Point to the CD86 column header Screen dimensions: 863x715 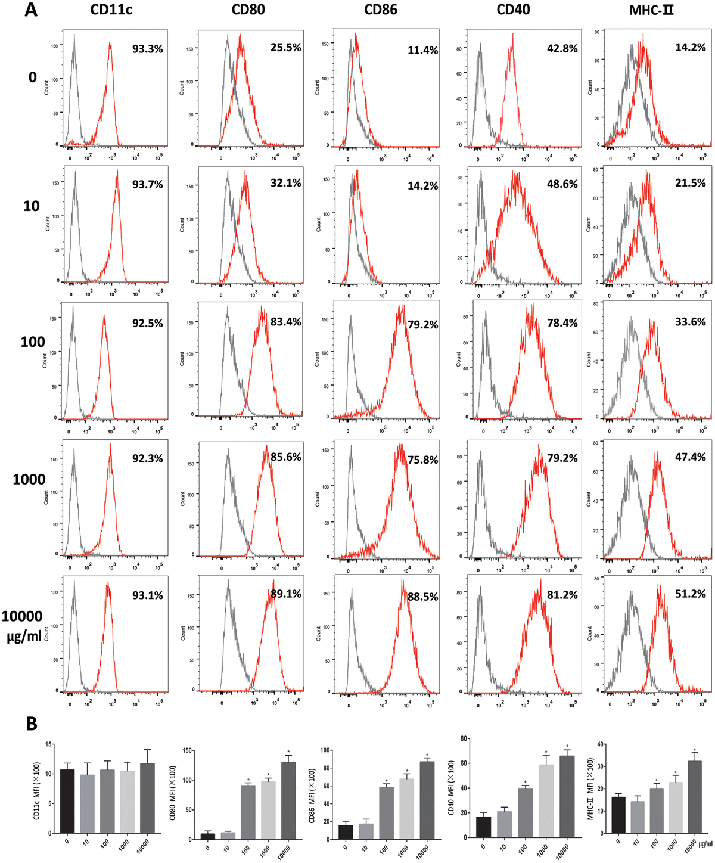point(382,10)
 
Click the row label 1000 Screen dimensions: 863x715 point(29,480)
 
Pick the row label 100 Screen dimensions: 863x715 point(33,342)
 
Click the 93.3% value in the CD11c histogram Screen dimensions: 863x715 point(147,49)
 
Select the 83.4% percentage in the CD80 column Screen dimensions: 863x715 point(285,322)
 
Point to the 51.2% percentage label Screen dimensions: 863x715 point(690,594)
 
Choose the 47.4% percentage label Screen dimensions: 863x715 point(690,457)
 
